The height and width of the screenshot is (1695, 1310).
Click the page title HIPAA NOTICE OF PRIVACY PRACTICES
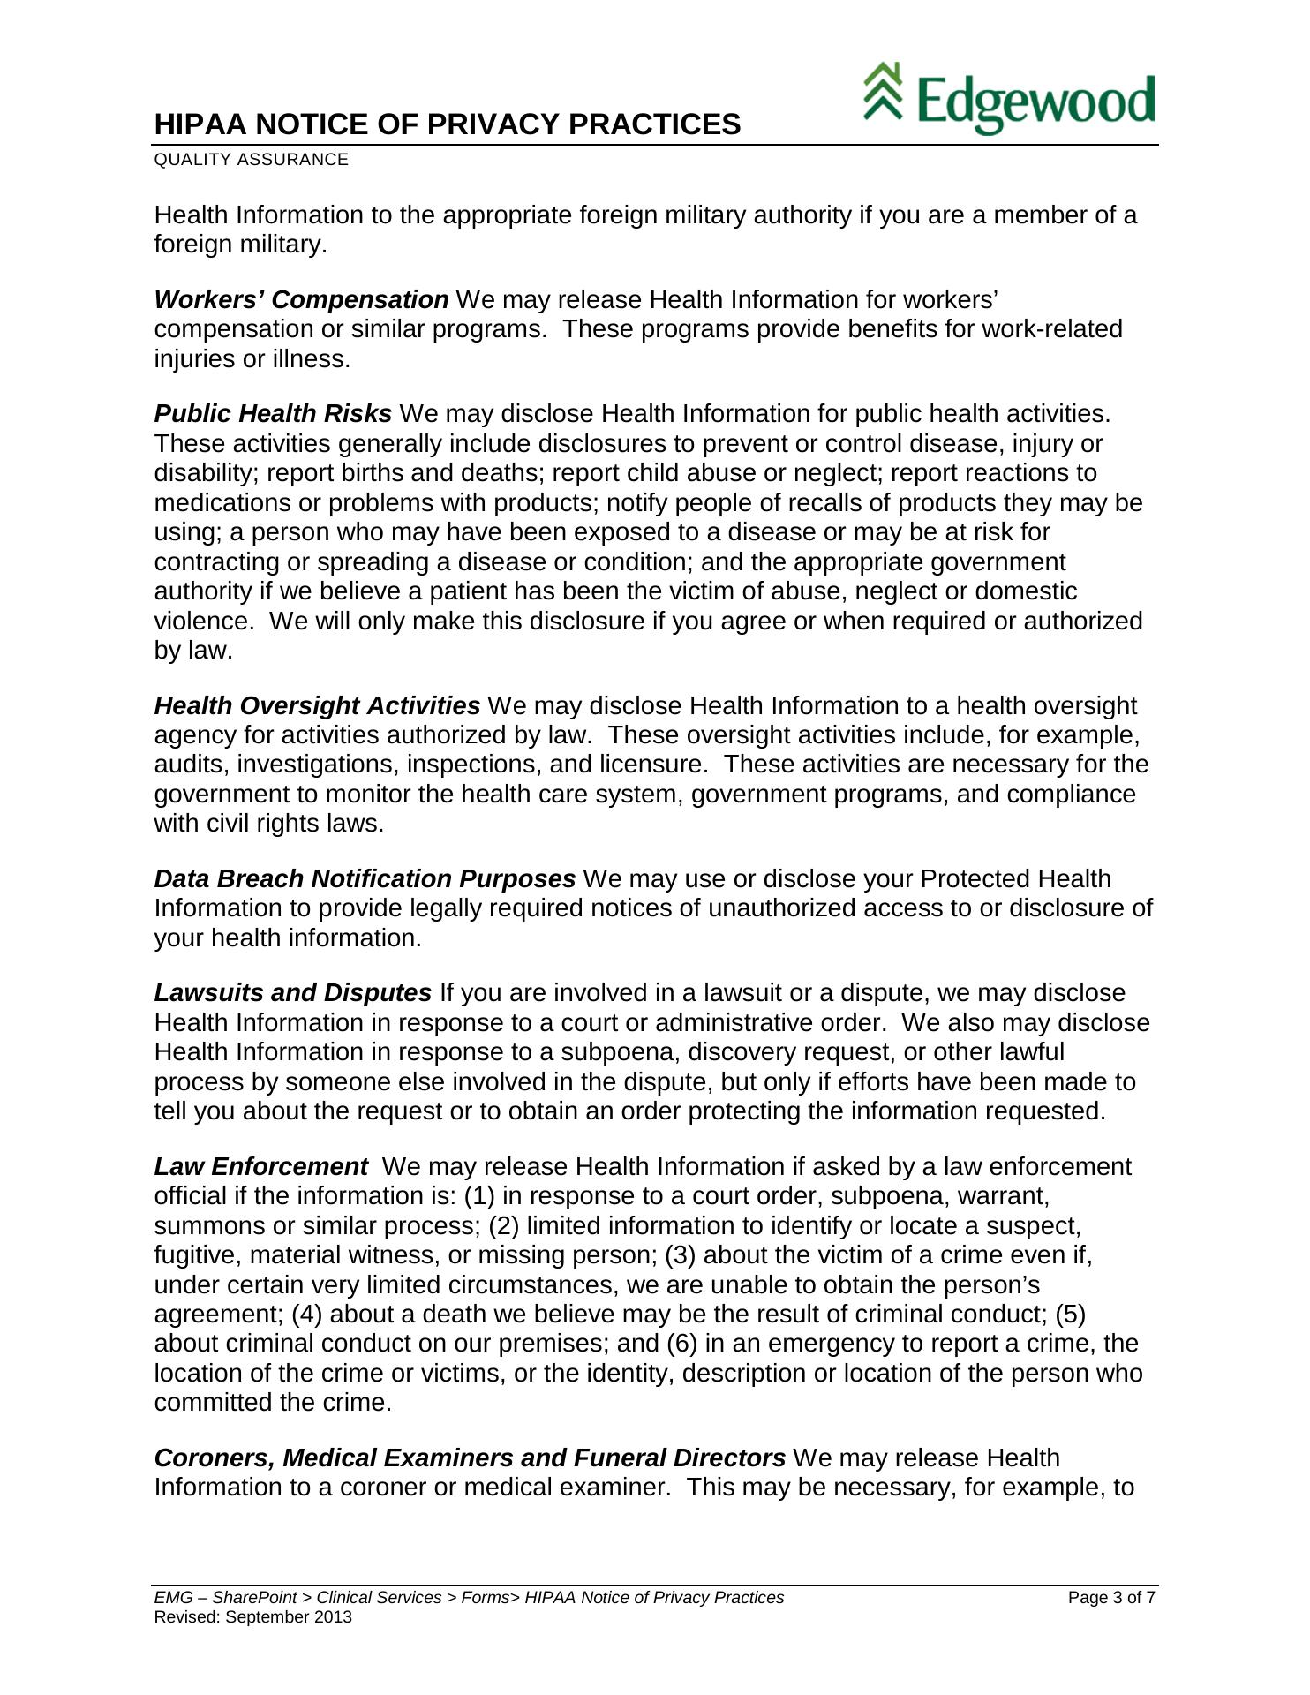click(x=448, y=124)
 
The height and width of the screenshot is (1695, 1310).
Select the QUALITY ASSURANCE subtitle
click(x=252, y=160)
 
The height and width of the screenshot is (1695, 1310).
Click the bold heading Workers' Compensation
click(x=301, y=300)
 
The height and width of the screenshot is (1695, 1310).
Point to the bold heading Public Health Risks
click(x=273, y=414)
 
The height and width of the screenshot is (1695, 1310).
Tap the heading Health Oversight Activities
click(x=317, y=706)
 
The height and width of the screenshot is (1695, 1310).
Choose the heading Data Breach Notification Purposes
click(x=365, y=879)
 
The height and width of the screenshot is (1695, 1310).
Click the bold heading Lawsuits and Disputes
click(x=293, y=993)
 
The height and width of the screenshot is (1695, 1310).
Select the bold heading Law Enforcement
click(x=260, y=1167)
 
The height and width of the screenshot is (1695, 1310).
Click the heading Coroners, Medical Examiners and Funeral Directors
click(x=470, y=1458)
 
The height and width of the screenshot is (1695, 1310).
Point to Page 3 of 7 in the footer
click(x=1111, y=1598)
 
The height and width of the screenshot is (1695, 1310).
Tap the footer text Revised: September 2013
click(x=252, y=1617)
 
